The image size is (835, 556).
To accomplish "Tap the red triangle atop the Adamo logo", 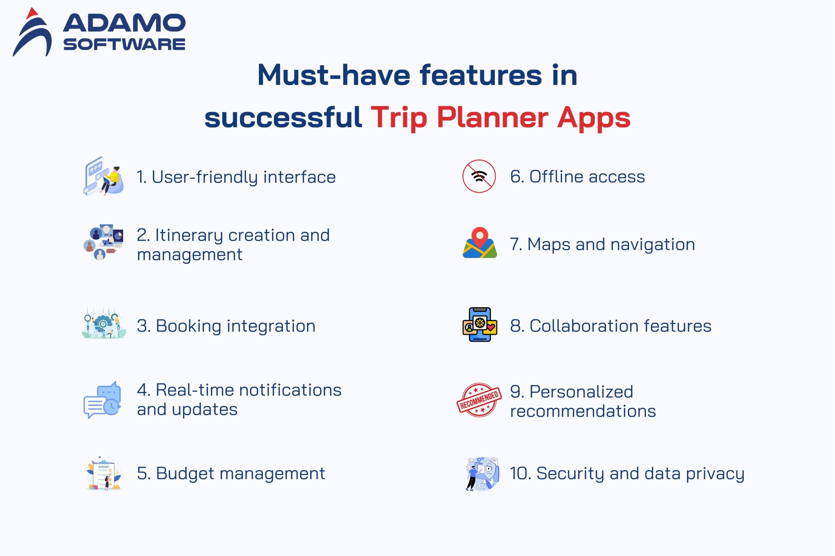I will coord(31,13).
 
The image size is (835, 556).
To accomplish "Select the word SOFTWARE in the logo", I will coord(124,44).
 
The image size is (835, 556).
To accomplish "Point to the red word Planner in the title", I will coord(493,118).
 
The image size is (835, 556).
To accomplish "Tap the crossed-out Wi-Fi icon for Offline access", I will coord(479,176).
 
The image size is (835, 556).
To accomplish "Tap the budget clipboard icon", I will coord(104,474).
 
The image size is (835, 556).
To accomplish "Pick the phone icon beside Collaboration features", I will coord(480,325).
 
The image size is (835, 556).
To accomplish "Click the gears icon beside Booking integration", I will coord(104,324).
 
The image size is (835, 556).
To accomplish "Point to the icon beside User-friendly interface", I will coord(104,176).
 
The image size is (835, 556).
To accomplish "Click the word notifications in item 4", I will coord(290,390).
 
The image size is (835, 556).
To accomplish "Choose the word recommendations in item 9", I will coord(583,411).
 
